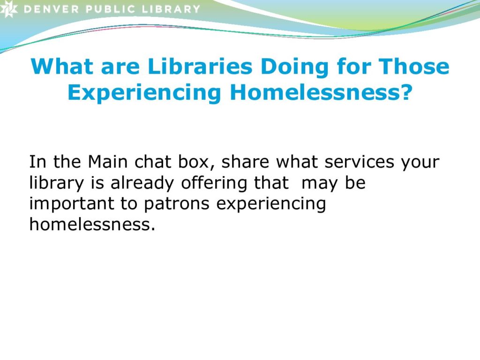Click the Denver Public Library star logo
[8, 8]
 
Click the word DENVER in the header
[51, 9]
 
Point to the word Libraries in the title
[200, 66]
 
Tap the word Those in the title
[414, 66]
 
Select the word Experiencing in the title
[144, 93]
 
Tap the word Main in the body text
[107, 161]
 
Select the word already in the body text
[142, 184]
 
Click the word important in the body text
[72, 203]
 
